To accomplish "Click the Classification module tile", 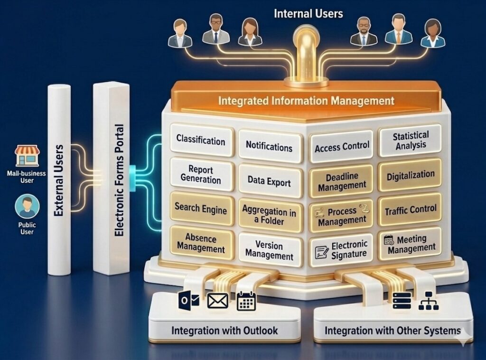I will click(201, 140).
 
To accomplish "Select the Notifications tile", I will click(269, 146).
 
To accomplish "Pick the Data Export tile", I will click(269, 180).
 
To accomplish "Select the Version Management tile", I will click(269, 250).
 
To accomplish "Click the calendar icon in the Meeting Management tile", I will click(389, 240).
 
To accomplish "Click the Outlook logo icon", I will click(188, 301).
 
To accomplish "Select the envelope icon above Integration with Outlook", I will click(218, 301).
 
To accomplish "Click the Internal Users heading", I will click(308, 13).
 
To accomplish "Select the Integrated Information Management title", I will click(306, 101).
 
